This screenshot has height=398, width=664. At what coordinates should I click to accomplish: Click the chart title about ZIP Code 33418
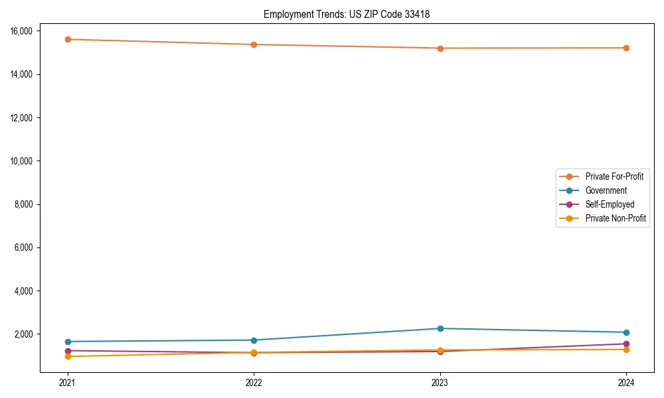coord(347,14)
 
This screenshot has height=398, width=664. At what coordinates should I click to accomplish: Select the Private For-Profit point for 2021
coord(68,39)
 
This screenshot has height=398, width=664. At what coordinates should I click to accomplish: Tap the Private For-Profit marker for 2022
coord(254,44)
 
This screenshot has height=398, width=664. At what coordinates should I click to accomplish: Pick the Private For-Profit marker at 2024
coord(626,48)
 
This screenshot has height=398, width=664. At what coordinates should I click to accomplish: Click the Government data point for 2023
coord(440,328)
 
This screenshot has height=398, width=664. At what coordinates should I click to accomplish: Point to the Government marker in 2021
coord(68,342)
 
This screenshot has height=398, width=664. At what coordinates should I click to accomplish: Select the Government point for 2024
coord(626,332)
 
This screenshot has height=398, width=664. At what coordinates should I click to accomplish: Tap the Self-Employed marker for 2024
coord(626,344)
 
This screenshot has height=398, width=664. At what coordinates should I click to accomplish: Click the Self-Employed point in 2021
coord(68,350)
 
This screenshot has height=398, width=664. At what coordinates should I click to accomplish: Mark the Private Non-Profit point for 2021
coord(68,357)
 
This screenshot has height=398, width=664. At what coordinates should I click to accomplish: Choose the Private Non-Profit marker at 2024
coord(626,350)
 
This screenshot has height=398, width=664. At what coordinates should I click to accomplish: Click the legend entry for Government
coord(606,190)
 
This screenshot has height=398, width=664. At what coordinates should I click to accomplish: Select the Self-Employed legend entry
coord(610,204)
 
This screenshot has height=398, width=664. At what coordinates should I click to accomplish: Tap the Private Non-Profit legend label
coord(616,218)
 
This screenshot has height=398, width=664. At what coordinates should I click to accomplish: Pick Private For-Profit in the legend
coord(614,176)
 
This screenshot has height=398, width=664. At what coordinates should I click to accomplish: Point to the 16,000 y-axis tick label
coord(26,31)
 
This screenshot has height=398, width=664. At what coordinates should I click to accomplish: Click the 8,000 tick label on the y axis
coord(28,204)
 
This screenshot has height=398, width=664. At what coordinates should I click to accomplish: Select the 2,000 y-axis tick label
coord(28,334)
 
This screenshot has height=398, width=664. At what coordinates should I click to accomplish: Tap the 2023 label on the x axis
coord(440,382)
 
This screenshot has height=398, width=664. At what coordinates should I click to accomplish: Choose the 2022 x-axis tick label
coord(254,382)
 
